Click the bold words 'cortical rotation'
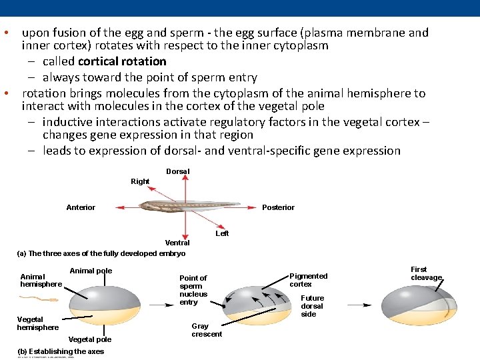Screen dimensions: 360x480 pos(122,61)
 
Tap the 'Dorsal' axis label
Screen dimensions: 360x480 pos(178,171)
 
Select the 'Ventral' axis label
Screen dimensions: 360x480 pos(177,243)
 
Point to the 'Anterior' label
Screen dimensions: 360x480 pos(81,207)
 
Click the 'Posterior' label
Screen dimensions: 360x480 pos(278,207)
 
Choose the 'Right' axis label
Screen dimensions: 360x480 pos(140,181)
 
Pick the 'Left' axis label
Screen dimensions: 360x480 pos(222,233)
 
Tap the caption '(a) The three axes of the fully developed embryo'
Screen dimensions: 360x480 pos(101,253)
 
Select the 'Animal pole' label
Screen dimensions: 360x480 pos(91,271)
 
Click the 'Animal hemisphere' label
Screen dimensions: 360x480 pos(41,280)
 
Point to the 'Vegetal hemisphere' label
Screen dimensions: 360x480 pos(37,323)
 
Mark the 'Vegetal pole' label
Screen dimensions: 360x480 pos(90,339)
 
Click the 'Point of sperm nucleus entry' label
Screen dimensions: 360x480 pos(193,290)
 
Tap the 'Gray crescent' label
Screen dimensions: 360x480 pos(207,330)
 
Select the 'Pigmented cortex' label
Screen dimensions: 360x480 pos(309,280)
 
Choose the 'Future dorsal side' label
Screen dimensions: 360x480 pos(312,306)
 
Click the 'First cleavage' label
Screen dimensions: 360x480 pos(426,273)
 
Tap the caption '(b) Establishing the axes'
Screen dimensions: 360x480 pos(61,351)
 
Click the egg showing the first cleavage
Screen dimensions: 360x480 pos(423,307)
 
